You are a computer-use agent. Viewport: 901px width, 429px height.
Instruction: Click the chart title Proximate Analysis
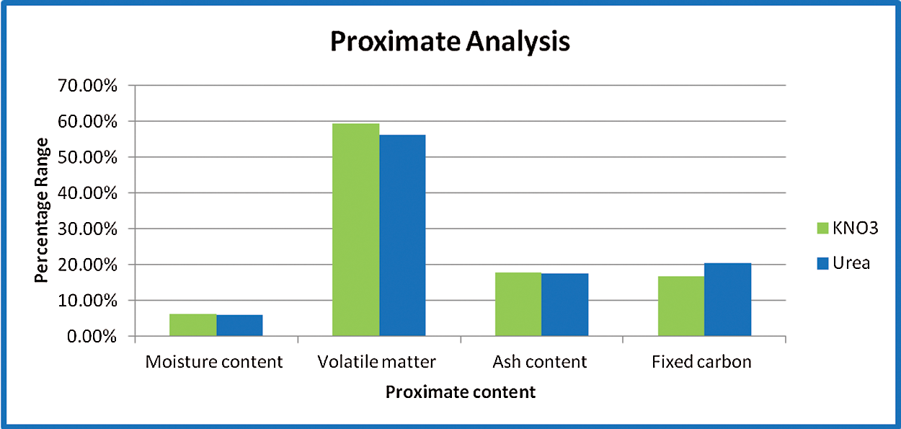pyautogui.click(x=450, y=42)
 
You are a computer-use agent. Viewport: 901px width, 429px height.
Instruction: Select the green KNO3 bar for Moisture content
pyautogui.click(x=193, y=324)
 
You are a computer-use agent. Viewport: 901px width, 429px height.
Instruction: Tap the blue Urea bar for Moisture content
pyautogui.click(x=240, y=325)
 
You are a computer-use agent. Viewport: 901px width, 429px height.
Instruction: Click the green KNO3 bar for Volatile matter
pyautogui.click(x=356, y=230)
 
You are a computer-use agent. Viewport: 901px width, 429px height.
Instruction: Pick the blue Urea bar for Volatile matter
pyautogui.click(x=402, y=236)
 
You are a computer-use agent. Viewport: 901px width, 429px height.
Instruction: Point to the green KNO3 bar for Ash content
pyautogui.click(x=518, y=304)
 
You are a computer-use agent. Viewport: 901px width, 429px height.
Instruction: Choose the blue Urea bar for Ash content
pyautogui.click(x=565, y=305)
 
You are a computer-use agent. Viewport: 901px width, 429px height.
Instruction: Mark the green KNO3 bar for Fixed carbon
pyautogui.click(x=681, y=306)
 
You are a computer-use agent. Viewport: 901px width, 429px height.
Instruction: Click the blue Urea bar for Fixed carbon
pyautogui.click(x=728, y=299)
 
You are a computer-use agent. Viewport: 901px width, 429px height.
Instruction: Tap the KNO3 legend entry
pyautogui.click(x=848, y=228)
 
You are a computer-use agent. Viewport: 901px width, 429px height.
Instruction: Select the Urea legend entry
pyautogui.click(x=843, y=263)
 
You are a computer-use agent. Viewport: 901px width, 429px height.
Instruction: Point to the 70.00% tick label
pyautogui.click(x=87, y=86)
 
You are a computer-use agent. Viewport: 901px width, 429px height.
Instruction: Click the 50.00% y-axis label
pyautogui.click(x=87, y=157)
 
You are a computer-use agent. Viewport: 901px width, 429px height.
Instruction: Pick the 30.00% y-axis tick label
pyautogui.click(x=87, y=229)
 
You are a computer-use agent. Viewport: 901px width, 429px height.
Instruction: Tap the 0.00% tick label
pyautogui.click(x=92, y=337)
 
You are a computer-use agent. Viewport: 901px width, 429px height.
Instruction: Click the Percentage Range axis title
pyautogui.click(x=41, y=211)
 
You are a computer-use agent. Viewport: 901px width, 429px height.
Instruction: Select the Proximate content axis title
pyautogui.click(x=461, y=392)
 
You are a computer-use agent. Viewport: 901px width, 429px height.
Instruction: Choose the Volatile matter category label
pyautogui.click(x=376, y=362)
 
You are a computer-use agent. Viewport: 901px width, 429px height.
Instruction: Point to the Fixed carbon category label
pyautogui.click(x=701, y=362)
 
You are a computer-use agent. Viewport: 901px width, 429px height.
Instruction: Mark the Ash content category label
pyautogui.click(x=539, y=362)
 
